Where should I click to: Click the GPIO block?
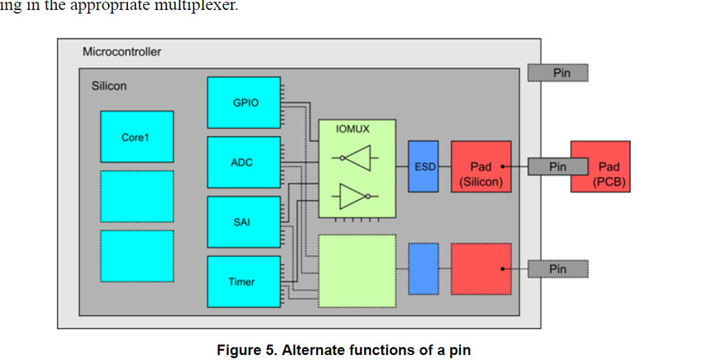(x=243, y=102)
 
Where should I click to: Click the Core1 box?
(x=137, y=137)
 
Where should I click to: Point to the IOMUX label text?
(x=353, y=129)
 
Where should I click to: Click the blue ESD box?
(x=423, y=166)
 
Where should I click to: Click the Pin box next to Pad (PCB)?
(x=558, y=166)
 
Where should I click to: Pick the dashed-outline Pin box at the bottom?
(x=558, y=269)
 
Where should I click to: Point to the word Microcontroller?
(x=122, y=51)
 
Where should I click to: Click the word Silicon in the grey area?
(x=109, y=85)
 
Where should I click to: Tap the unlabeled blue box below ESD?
(x=423, y=269)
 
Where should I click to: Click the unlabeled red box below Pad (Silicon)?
(x=481, y=269)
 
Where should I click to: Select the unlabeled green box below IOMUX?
(x=357, y=271)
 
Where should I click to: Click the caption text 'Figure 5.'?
(x=247, y=350)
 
